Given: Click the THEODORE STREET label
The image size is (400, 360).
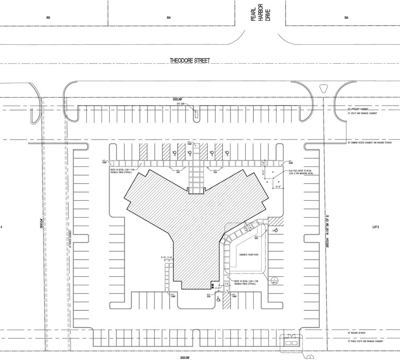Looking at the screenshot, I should [190, 60].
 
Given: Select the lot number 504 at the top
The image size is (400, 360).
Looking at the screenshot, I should [169, 18].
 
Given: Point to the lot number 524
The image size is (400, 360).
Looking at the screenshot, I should [346, 18].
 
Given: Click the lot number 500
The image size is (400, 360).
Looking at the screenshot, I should [48, 18].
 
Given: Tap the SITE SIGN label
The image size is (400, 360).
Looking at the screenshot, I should [182, 104].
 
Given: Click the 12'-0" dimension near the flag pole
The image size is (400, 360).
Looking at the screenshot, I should [278, 186].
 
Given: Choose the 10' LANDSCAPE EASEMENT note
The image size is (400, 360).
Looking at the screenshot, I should [358, 109].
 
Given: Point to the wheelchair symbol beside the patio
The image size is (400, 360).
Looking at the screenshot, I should [275, 231].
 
